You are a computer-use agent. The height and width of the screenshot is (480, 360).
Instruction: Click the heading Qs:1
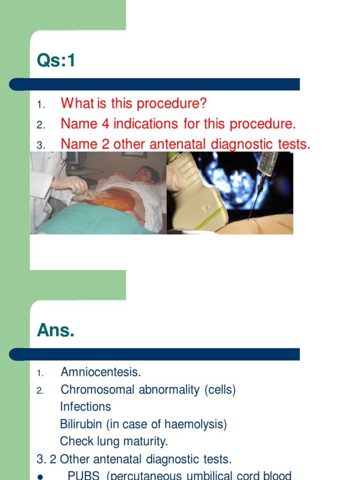[x=56, y=61]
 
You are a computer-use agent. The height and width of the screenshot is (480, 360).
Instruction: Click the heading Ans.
[x=55, y=331]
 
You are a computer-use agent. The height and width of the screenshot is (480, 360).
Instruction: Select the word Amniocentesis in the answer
[x=101, y=373]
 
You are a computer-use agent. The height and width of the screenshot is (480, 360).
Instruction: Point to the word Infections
[x=85, y=407]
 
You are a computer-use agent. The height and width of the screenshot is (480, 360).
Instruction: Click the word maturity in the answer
[x=146, y=441]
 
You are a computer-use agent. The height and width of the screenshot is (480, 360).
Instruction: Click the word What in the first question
[x=78, y=103]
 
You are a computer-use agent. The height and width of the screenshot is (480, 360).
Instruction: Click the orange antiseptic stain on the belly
[x=112, y=201]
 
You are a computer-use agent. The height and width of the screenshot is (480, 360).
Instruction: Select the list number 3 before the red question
[x=40, y=145]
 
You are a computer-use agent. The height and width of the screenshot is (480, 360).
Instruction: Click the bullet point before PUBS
[x=40, y=477]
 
